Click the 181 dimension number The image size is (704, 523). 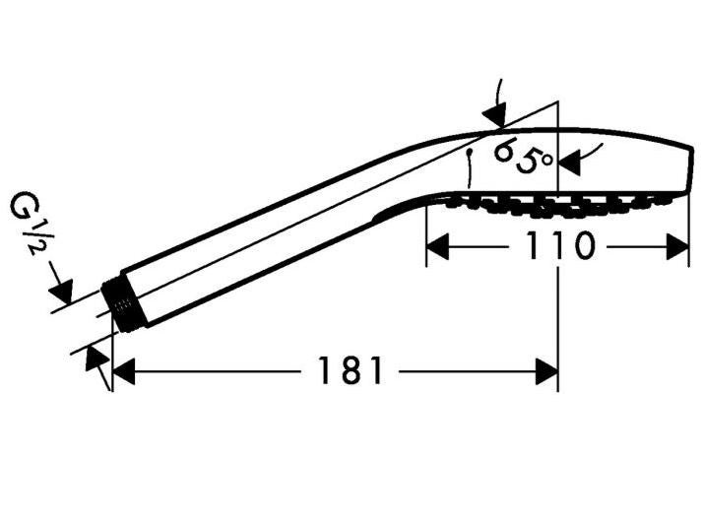pos(351,370)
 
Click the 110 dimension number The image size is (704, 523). pos(559,246)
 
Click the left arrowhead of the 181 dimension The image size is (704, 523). pos(123,371)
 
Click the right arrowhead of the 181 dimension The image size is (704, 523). pos(546,371)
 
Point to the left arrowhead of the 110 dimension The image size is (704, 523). pos(437,246)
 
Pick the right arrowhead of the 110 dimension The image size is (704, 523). pos(677,246)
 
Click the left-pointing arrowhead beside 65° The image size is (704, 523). pos(569,161)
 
